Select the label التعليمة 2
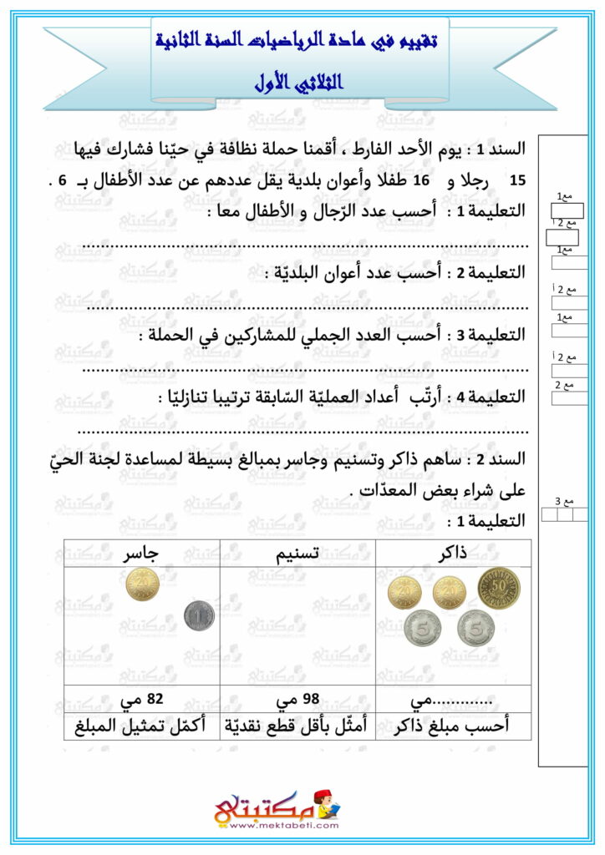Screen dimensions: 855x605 click(x=494, y=272)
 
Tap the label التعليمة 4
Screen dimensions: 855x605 click(x=494, y=397)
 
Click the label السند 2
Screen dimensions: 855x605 click(x=499, y=458)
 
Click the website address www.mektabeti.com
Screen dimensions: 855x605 click(x=283, y=825)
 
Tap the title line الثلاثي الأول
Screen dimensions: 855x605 click(x=300, y=84)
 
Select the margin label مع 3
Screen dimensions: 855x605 click(x=566, y=501)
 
